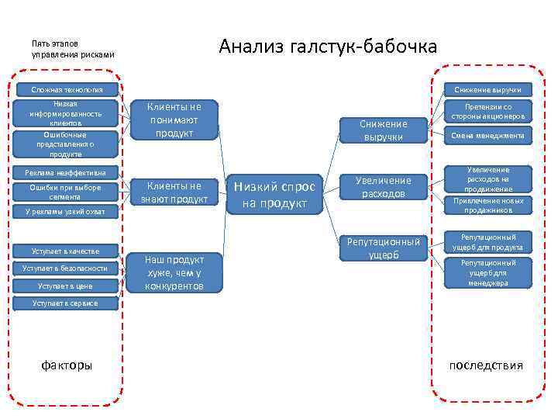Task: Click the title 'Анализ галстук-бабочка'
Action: [328, 47]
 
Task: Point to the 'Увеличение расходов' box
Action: [383, 187]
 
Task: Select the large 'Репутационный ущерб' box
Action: [383, 248]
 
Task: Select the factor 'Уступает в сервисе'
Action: [65, 303]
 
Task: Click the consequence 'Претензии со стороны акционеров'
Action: [487, 112]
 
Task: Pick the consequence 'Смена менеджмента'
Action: [487, 136]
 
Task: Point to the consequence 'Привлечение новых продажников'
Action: [487, 205]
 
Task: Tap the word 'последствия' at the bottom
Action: [486, 365]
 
